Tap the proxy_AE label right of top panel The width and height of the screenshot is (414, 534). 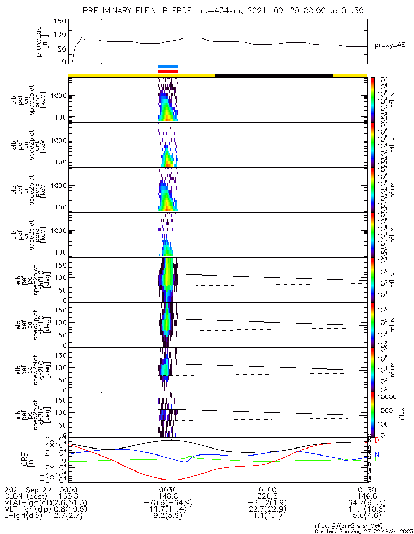coord(389,45)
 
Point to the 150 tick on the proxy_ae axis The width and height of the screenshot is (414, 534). coord(60,21)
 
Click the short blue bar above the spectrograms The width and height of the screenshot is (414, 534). coord(168,67)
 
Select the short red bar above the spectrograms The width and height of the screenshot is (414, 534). coord(168,71)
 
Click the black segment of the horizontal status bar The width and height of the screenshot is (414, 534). coord(274,75)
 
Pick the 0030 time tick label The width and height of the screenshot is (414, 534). coord(168,489)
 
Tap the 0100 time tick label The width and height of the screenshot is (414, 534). coord(267,489)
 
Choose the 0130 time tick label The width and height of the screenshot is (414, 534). coord(366,489)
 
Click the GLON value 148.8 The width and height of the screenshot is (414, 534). coord(168,496)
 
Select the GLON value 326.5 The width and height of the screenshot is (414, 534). coord(267,496)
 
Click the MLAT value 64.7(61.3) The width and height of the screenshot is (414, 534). coord(366,503)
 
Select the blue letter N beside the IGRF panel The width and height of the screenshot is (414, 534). coord(377,454)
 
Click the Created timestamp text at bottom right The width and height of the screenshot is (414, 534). coord(363,531)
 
